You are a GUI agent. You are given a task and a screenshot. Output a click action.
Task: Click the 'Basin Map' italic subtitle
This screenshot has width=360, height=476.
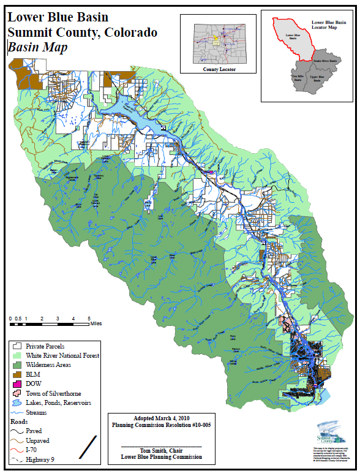coord(37,47)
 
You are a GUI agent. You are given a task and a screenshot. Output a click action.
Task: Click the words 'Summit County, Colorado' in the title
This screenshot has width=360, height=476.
coord(82,32)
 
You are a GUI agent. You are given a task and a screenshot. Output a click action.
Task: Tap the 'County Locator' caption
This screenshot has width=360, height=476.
coord(219,70)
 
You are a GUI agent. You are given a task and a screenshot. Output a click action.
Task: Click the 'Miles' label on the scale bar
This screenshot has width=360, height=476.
coord(96,323)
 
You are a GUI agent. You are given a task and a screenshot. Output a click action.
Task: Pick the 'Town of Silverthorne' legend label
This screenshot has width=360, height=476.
coord(53,393)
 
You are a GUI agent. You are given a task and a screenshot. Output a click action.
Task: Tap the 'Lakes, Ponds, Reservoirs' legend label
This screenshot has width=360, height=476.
coord(59,403)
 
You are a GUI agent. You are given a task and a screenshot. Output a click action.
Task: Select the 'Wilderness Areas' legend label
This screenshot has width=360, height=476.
coord(48,365)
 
